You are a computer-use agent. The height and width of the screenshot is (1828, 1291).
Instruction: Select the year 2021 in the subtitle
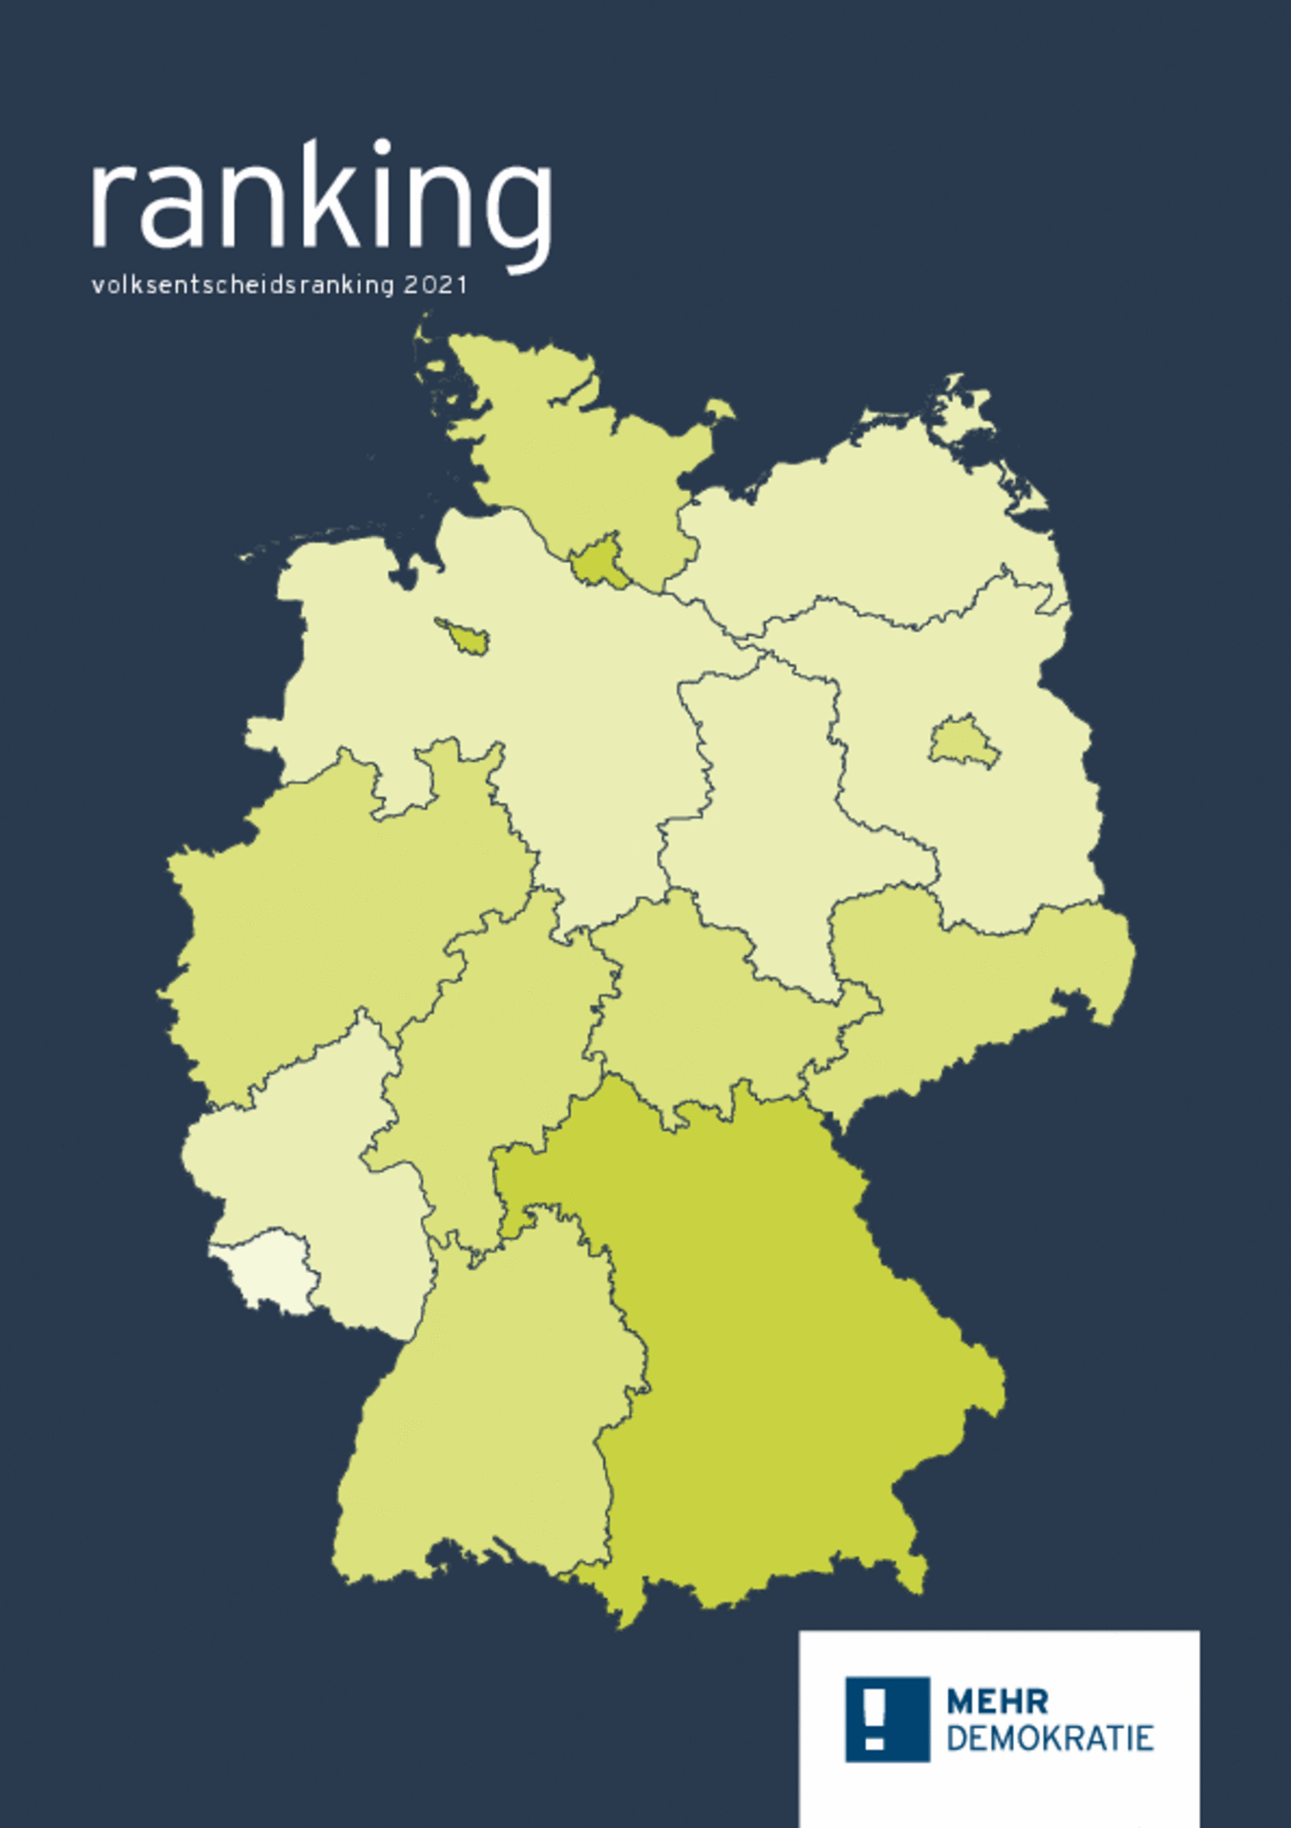point(435,285)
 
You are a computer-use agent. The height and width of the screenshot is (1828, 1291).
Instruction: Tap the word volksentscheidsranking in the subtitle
point(243,285)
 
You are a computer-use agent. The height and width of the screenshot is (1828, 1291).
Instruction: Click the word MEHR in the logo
point(996,1702)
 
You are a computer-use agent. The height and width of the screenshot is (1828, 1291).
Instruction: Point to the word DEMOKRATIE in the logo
point(1050,1738)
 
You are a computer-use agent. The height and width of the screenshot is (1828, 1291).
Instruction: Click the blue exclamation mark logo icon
point(887,1719)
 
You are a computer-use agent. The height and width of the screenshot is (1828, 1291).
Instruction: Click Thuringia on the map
point(716,1011)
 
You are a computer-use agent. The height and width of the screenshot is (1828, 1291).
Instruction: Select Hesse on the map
point(494,1059)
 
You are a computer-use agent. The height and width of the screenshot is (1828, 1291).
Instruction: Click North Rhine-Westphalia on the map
point(342,915)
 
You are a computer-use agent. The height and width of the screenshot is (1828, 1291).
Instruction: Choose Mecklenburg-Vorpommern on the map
point(875,525)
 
